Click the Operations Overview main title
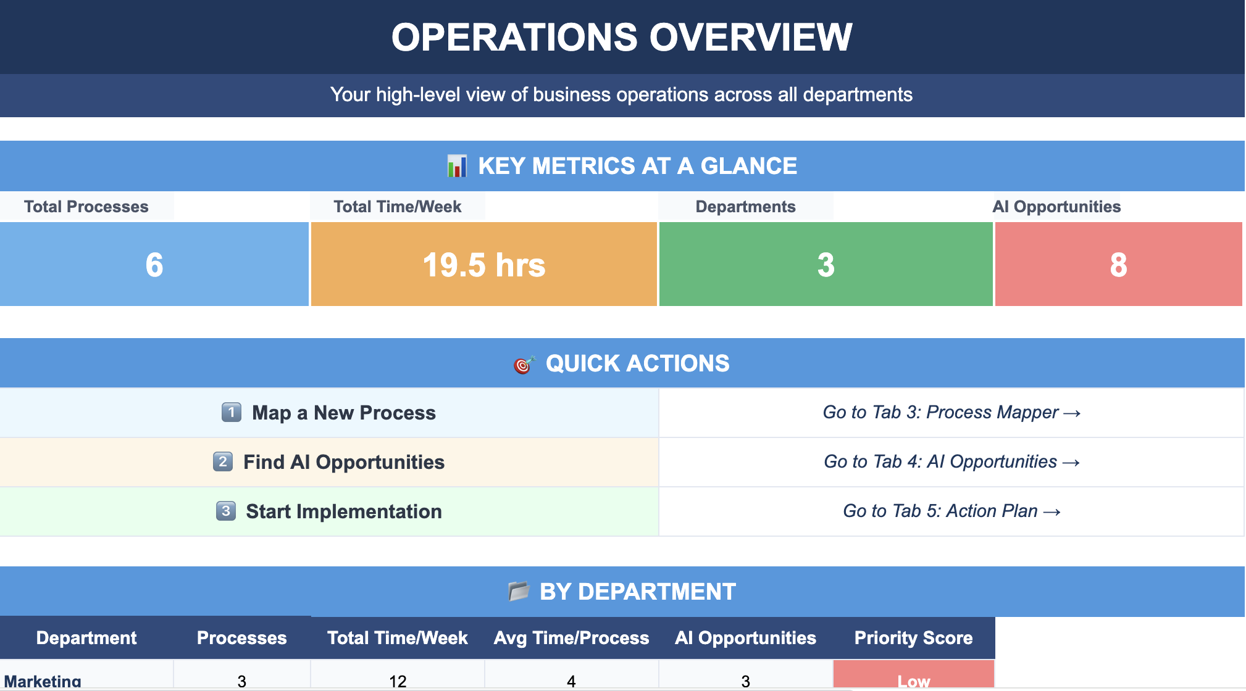pos(622,37)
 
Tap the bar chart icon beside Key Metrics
pos(457,166)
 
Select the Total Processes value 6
pos(154,265)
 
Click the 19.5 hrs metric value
pos(484,265)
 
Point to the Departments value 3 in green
pos(826,265)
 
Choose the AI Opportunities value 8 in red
pos(1119,265)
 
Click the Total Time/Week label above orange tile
pos(398,207)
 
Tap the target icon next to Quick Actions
pos(524,364)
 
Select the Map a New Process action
pos(344,413)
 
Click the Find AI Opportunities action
pos(344,462)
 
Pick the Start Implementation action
pos(344,511)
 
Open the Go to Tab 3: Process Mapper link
pos(951,412)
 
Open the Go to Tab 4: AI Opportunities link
pos(951,461)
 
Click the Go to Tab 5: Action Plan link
pos(951,511)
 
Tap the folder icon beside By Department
pos(519,591)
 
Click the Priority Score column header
pos(913,638)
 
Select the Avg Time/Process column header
pos(571,638)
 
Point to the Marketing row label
pos(43,681)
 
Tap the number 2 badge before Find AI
pos(223,461)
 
